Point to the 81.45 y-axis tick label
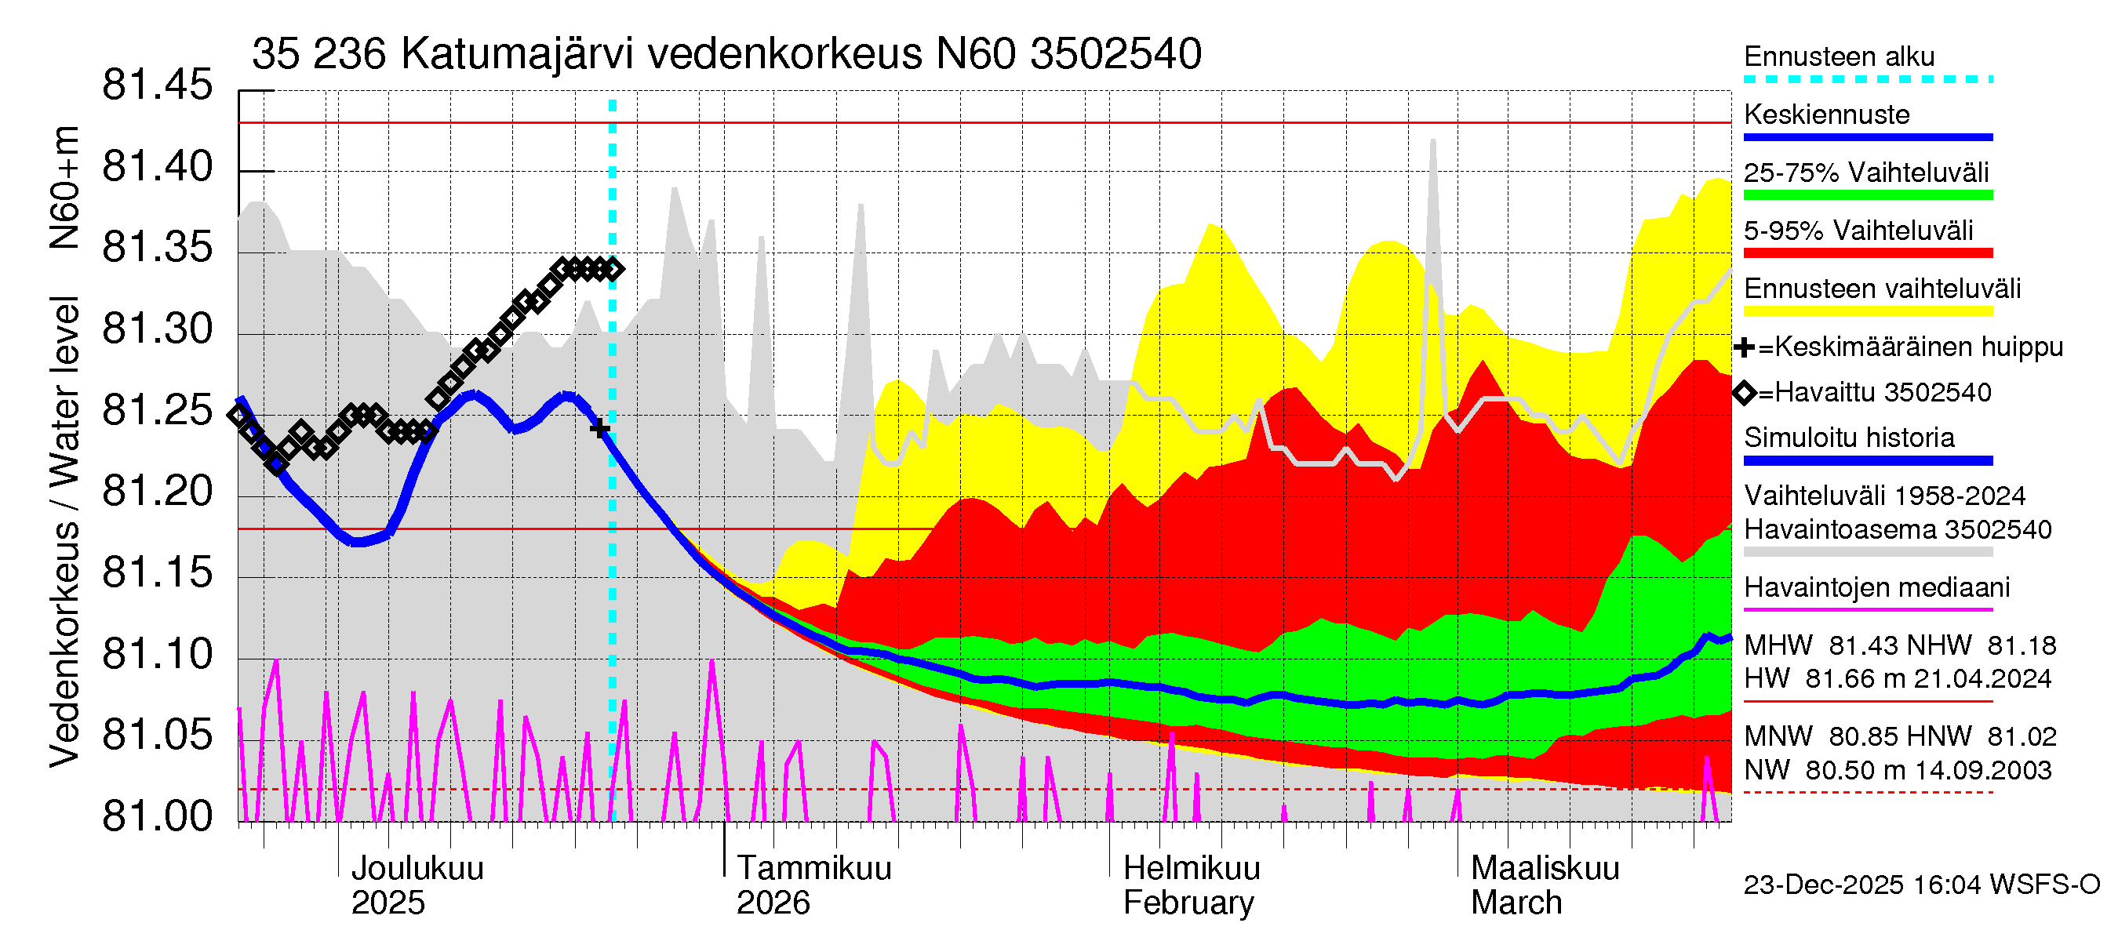click(x=157, y=85)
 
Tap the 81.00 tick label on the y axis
click(x=157, y=817)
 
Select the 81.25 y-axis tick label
click(x=157, y=410)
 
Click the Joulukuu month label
click(x=417, y=868)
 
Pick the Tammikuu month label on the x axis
click(x=813, y=868)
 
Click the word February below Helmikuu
click(x=1188, y=903)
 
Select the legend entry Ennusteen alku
click(x=1839, y=56)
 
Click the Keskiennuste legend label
click(x=1826, y=114)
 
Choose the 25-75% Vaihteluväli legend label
click(x=1865, y=173)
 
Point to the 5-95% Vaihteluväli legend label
click(x=1858, y=231)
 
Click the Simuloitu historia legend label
click(x=1848, y=438)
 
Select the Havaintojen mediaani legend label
click(x=1876, y=587)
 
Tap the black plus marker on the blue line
click(x=599, y=428)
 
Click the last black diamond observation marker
click(x=613, y=269)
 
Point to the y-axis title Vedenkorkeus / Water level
click(x=64, y=532)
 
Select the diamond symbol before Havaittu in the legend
click(x=1744, y=393)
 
